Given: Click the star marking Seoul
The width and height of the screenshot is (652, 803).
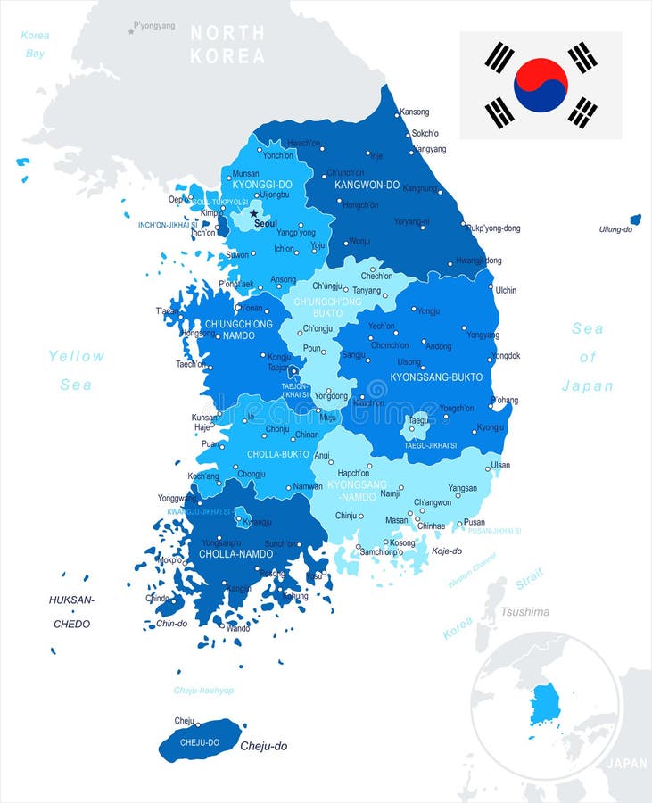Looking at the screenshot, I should pos(254,213).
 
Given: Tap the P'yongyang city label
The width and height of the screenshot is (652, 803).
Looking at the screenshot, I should pos(154,26).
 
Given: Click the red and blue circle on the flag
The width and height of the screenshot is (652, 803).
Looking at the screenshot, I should pos(541,86).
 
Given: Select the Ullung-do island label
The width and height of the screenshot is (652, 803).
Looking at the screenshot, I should pos(615,229).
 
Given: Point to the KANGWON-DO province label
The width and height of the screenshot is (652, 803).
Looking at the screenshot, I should pos(367,185).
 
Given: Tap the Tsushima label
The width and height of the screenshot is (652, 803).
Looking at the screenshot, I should pos(524,612).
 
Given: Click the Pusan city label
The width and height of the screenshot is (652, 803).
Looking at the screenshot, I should pos(475,522).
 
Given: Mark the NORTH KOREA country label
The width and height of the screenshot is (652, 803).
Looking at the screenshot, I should pos(227,44).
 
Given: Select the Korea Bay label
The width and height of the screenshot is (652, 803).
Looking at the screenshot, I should pos(35,45).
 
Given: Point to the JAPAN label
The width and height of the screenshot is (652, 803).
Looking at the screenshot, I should pos(627,764).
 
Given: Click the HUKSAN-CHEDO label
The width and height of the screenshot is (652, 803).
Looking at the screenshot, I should pos(71,612).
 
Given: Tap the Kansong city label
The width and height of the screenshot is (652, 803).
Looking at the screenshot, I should pos(414,112).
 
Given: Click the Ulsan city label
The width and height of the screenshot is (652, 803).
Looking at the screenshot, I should pos(500,465).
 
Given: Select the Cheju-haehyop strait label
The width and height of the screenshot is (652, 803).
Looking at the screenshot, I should pos(203,691).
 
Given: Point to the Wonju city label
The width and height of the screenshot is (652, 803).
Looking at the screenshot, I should pos(359,241).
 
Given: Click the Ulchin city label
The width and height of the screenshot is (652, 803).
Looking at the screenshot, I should pos(506,290).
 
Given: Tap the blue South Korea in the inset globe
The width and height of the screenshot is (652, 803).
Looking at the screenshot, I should pos(543,705).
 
